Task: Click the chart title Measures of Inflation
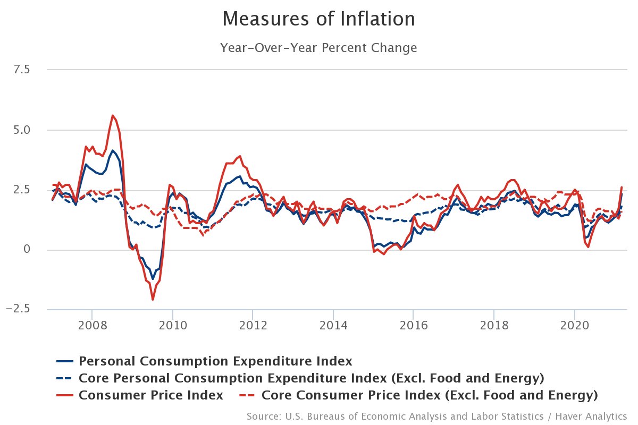[x=318, y=19]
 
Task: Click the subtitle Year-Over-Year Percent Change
[x=318, y=48]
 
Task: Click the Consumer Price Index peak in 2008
[x=112, y=115]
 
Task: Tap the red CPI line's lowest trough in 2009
[x=153, y=300]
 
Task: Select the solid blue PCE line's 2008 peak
[x=112, y=150]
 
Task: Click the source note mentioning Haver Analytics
[x=436, y=415]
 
